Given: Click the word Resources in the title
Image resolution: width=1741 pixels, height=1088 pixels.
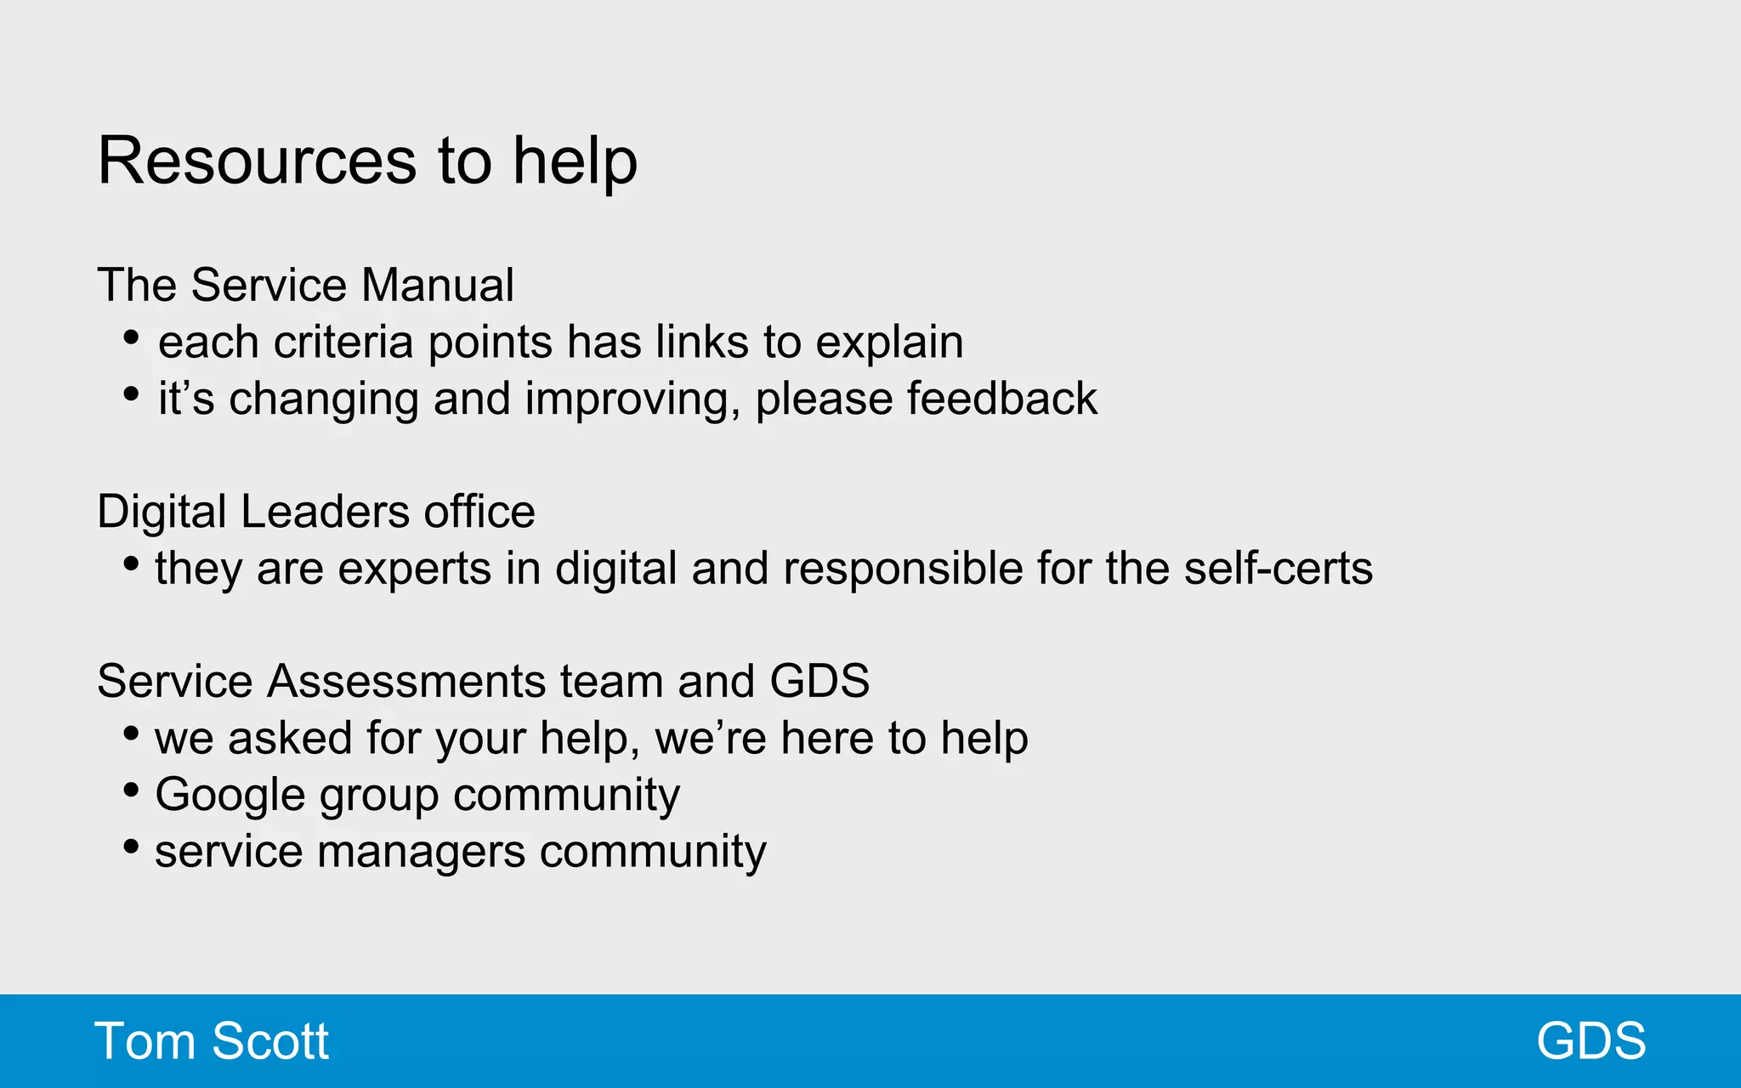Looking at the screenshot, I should [x=257, y=161].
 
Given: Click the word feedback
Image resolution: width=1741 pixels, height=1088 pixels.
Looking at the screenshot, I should [x=1002, y=399].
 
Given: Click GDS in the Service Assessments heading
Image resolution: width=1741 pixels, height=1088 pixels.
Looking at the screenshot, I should [x=819, y=681].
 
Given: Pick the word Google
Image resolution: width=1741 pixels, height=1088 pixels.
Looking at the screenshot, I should [x=230, y=796].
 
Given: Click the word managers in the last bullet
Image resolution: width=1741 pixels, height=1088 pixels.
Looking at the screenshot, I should [x=421, y=852].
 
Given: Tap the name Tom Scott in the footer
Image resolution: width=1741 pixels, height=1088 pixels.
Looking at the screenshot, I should [x=212, y=1041].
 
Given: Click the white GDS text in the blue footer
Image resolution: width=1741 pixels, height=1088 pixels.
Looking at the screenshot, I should [x=1591, y=1041].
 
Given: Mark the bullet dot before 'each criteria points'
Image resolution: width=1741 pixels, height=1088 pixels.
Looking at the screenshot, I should [x=131, y=338].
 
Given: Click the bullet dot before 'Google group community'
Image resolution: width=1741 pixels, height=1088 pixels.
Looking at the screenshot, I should [x=131, y=790].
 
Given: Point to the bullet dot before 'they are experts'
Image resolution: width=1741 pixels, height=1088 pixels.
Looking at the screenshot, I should [x=131, y=564].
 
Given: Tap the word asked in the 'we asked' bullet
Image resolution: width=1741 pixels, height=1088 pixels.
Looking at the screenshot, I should [x=290, y=738].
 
